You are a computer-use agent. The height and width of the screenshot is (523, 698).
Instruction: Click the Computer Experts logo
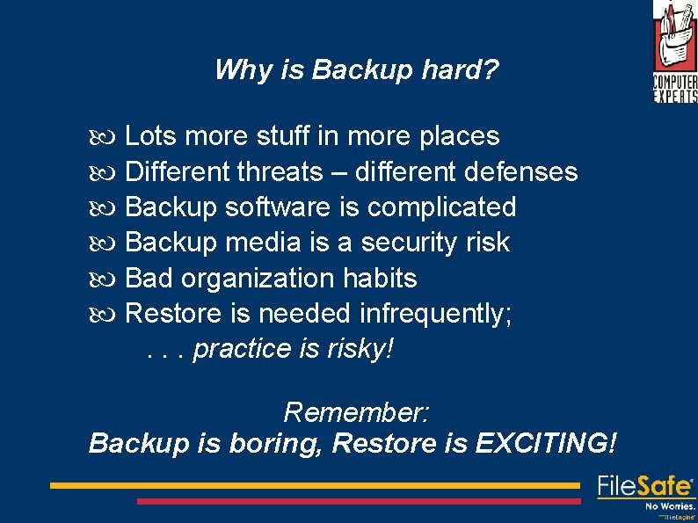click(674, 52)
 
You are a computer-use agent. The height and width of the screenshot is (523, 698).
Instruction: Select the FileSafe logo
click(645, 487)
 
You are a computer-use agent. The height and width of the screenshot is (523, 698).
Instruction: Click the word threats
click(280, 171)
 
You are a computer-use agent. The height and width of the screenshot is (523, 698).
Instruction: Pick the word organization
click(258, 279)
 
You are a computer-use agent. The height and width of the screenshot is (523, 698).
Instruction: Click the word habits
click(380, 279)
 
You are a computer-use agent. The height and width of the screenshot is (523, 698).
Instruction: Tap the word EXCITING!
click(545, 442)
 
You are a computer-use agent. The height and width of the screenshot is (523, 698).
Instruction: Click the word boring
click(276, 443)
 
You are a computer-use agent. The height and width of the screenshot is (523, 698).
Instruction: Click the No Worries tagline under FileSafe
click(671, 506)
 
